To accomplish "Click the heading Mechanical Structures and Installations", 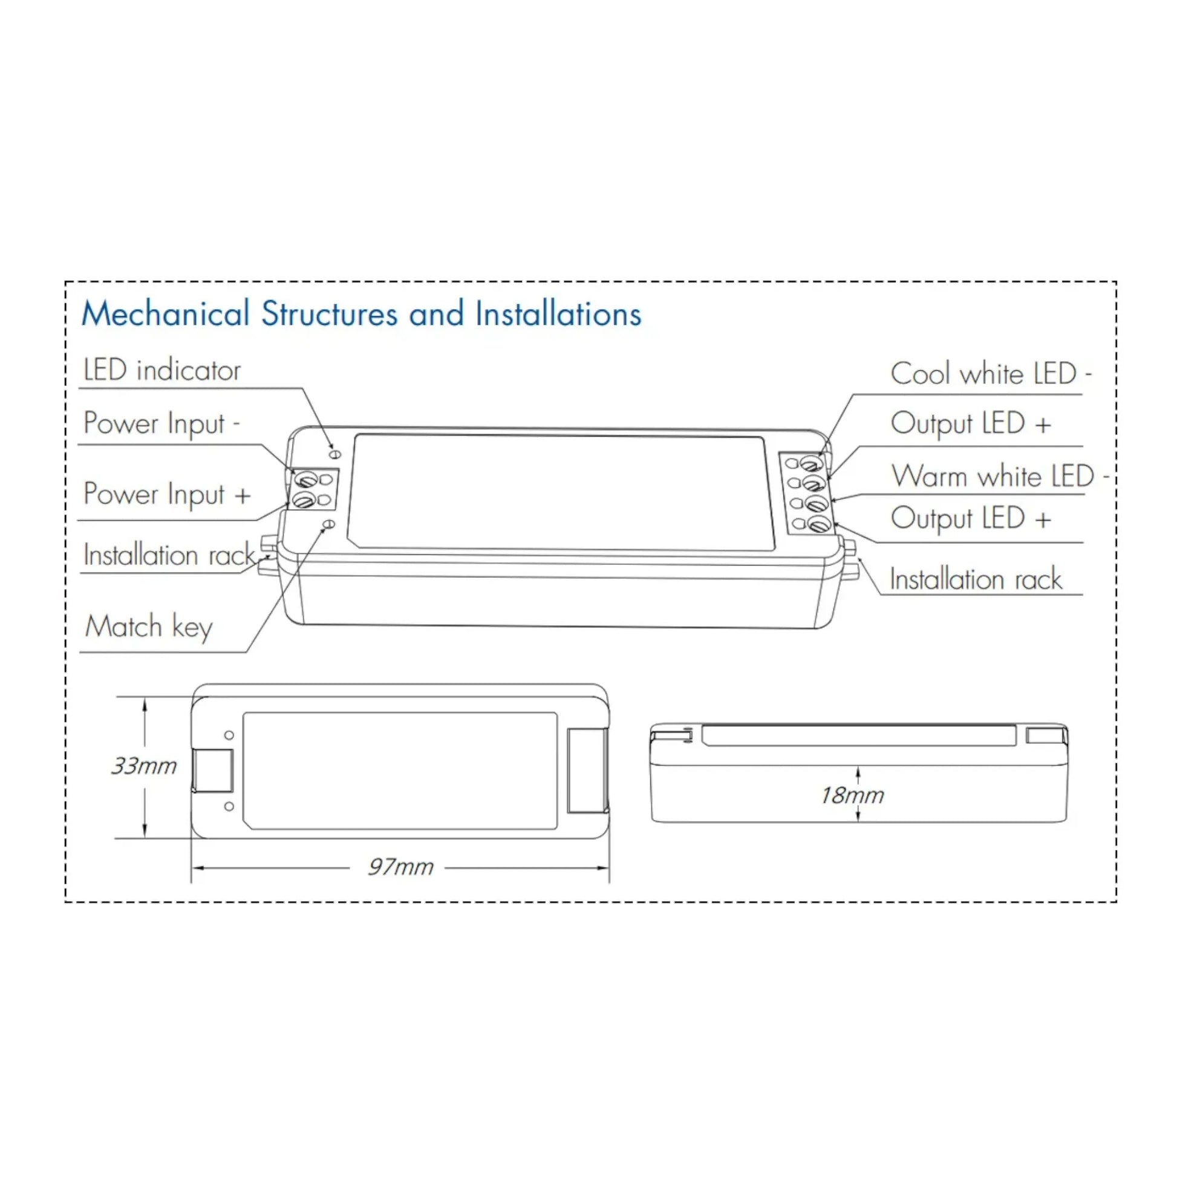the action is pos(361,315).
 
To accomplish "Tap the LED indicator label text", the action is pos(162,370).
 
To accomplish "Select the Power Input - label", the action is pos(161,423).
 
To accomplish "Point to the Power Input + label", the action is pos(167,494).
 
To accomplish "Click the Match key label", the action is pos(149,627).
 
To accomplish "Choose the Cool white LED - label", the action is pos(991,374).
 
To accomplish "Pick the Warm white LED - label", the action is pos(1000,477).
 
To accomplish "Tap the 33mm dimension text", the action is pos(144,766).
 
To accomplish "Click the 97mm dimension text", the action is pos(400,867).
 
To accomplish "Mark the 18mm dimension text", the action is pos(852,795).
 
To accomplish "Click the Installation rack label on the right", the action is pos(976,579).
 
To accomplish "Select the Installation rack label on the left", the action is pos(169,555).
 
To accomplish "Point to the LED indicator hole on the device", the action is pos(334,454).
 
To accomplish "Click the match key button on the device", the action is pos(329,524).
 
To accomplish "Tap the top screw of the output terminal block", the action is pos(812,464).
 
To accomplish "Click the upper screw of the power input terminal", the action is pos(305,480).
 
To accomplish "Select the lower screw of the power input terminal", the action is pos(303,501).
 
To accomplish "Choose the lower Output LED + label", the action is pos(971,519).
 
